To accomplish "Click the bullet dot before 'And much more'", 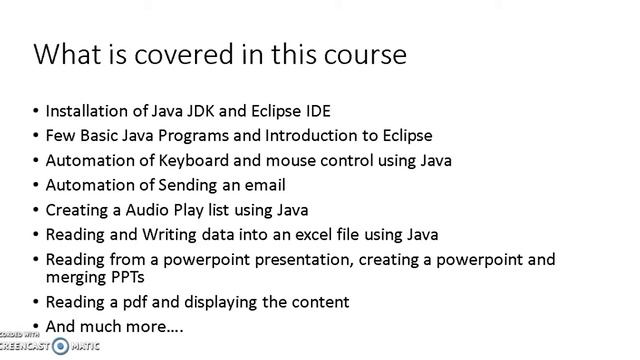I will [36, 326].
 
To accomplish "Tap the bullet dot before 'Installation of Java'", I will [36, 110].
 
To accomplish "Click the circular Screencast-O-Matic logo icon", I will [60, 346].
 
